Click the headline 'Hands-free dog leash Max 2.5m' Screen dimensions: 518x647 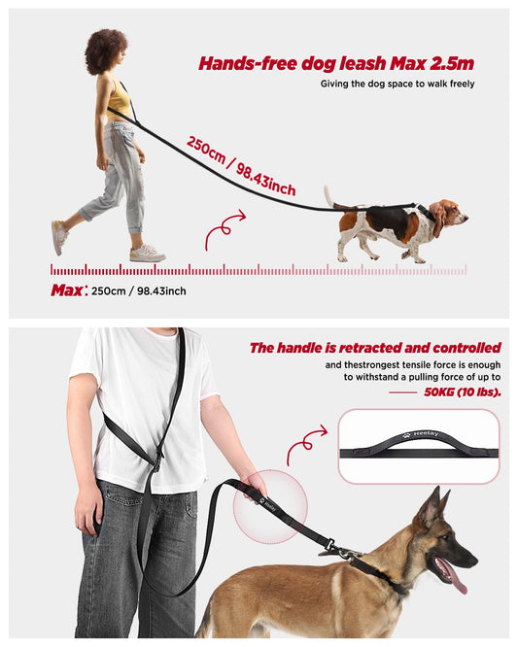pos(336,63)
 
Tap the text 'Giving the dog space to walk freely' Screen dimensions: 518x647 pos(397,84)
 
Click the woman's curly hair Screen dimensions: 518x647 pos(106,51)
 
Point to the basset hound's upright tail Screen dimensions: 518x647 pos(328,197)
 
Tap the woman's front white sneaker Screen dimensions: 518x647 pos(148,253)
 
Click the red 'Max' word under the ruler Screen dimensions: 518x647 pos(67,290)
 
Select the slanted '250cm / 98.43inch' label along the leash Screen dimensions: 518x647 pos(241,166)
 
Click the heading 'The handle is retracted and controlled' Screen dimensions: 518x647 pos(375,348)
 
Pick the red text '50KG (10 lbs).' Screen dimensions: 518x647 pos(463,392)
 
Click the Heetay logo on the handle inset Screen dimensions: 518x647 pos(421,434)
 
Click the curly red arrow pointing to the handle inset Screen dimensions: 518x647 pos(306,445)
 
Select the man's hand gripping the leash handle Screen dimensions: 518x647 pos(254,486)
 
